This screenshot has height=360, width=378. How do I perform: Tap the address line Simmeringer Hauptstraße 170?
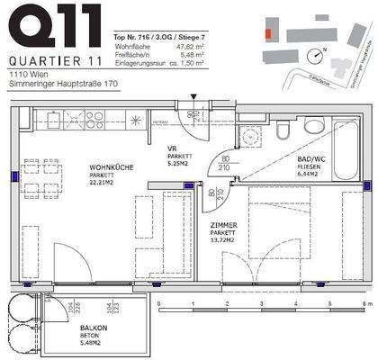pyautogui.click(x=61, y=85)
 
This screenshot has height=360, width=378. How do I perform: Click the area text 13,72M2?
pyautogui.click(x=223, y=240)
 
